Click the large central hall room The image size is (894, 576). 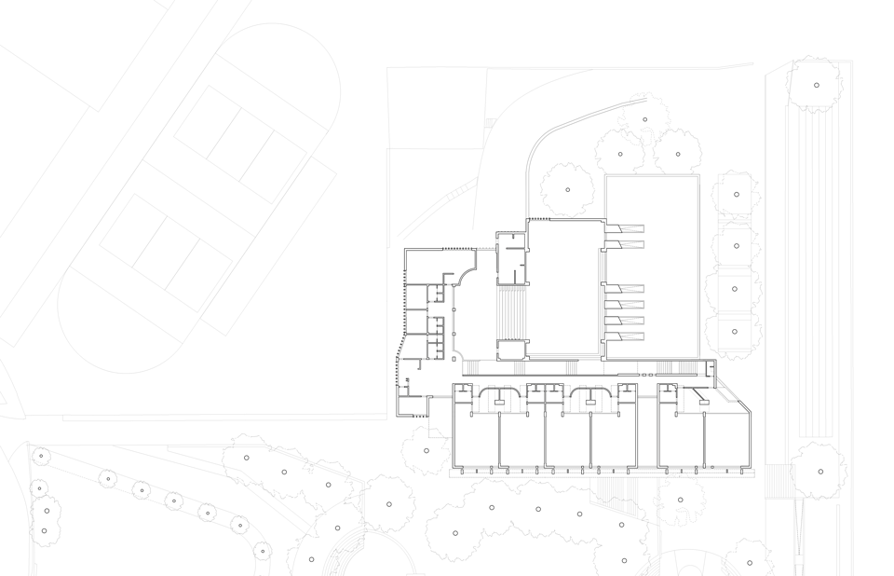click(x=564, y=289)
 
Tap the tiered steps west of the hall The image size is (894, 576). click(x=513, y=314)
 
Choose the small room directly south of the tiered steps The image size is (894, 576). click(x=512, y=350)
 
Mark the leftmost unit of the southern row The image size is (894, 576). click(x=475, y=433)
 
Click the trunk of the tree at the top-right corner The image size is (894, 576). click(x=816, y=84)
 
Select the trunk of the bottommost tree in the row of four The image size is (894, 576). click(x=733, y=330)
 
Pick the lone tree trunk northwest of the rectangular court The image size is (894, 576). click(x=568, y=187)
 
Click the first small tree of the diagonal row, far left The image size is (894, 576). click(x=40, y=457)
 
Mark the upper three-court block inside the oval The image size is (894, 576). click(x=253, y=145)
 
